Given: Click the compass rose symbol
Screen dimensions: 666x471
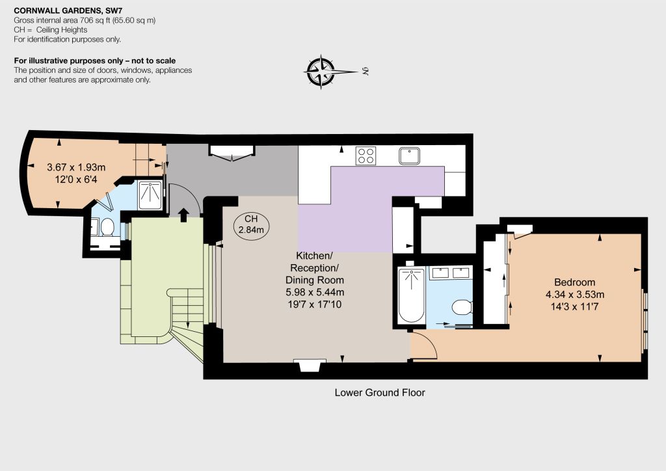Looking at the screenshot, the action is coord(321,72).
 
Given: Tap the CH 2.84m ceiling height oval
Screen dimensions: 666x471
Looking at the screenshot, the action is coord(251,225).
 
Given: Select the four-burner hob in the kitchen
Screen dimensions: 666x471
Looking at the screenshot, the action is coord(366,155).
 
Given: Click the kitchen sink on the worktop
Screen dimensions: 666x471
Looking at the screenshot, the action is coord(410,155).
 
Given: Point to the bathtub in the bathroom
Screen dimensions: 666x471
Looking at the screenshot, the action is coord(411,295).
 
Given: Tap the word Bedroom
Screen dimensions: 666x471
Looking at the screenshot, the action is coord(575,282).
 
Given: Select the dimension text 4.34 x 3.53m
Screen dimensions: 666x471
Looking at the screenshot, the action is coord(575,294).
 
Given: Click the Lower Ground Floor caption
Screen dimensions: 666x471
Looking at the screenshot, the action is coord(380,392).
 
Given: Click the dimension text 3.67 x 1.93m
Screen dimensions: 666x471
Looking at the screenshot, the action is coord(76,167).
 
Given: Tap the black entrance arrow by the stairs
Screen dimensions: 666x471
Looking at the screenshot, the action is coord(183,215).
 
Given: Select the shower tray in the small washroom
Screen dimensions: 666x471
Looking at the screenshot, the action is coord(150,195).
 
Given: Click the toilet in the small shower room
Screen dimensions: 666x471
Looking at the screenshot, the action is coord(107,227).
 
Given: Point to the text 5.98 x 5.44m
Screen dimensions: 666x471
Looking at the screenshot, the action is coord(315,292).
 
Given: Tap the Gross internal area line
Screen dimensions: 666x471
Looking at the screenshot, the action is coord(85,20).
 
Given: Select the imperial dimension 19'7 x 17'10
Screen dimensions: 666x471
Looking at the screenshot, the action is coord(315,304).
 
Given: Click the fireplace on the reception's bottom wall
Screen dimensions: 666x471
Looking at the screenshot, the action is coord(310,365).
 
